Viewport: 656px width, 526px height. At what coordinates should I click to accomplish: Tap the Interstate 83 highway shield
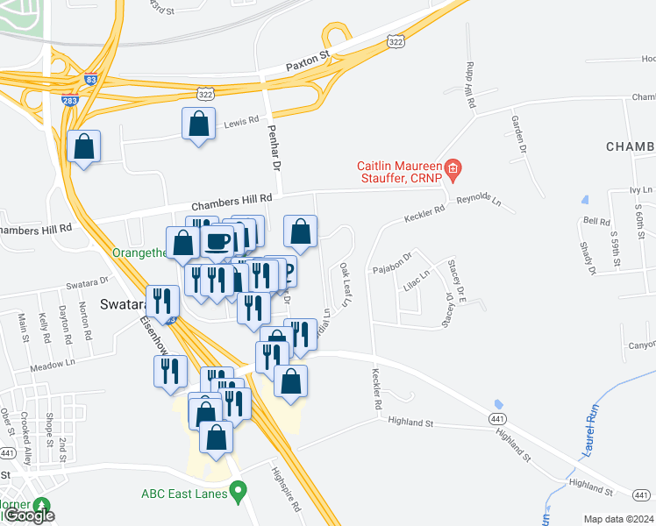(91, 79)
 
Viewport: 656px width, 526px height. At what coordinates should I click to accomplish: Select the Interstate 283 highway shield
(69, 100)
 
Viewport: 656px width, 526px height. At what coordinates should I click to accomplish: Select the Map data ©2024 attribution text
(618, 519)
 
